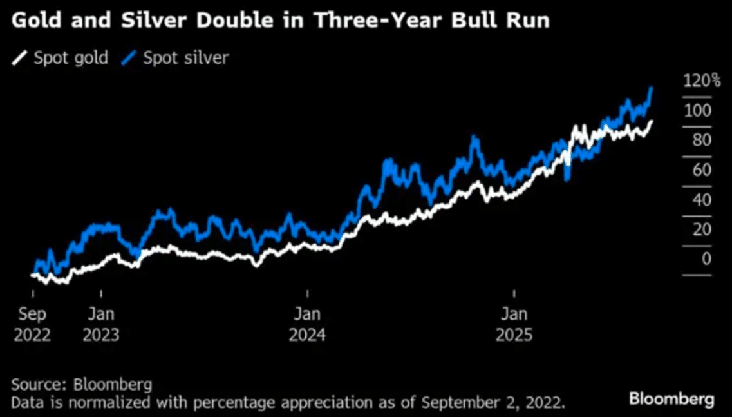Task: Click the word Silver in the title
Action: [137, 21]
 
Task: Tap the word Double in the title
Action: [216, 21]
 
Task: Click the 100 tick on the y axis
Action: [697, 110]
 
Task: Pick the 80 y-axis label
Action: [697, 140]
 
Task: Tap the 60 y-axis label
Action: [697, 170]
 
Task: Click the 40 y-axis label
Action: [697, 199]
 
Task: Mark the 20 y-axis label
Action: [697, 229]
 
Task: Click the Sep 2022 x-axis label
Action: [32, 325]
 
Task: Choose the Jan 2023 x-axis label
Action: [101, 325]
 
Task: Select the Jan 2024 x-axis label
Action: [308, 325]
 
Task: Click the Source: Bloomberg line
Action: [81, 385]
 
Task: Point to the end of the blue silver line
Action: [652, 88]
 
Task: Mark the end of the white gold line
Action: [651, 121]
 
